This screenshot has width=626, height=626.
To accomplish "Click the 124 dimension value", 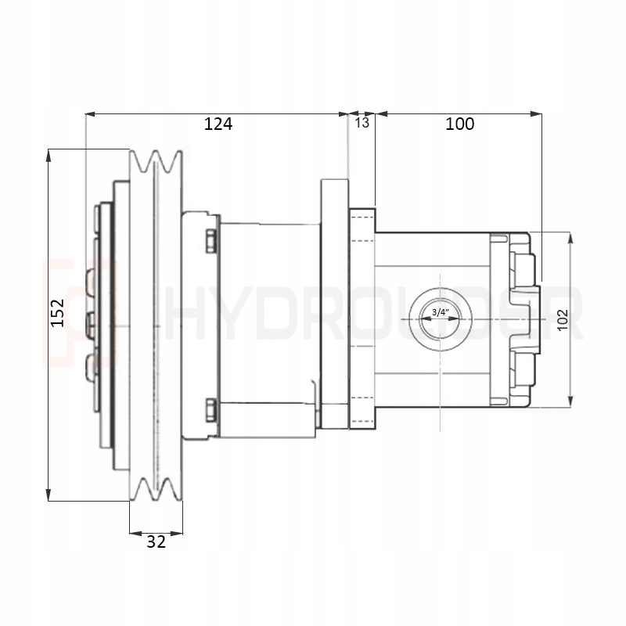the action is [218, 124].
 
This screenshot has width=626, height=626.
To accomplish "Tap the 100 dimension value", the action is [459, 124].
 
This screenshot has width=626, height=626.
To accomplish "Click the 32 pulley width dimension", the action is [156, 541].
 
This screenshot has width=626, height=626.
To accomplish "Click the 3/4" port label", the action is [440, 313].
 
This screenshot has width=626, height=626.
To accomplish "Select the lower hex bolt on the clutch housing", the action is [210, 408].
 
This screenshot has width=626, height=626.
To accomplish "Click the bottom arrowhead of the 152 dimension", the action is [49, 495].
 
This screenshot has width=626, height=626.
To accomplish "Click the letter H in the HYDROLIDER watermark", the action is [182, 313].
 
